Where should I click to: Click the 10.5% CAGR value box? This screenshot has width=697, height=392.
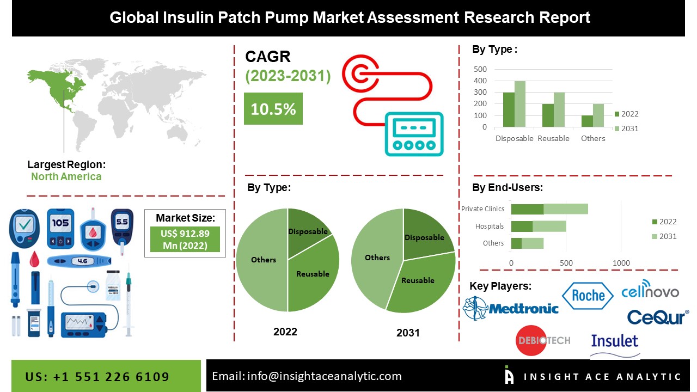click(273, 108)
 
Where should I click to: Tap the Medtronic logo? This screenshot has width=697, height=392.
click(511, 308)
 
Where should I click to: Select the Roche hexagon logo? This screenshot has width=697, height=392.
click(588, 296)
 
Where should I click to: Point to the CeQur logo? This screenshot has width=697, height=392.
click(658, 316)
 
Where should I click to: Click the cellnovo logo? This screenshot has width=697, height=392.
click(650, 291)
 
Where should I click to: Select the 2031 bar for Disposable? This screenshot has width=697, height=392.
click(519, 104)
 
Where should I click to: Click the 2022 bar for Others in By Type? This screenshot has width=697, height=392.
click(586, 121)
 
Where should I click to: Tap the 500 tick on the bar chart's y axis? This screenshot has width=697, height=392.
click(480, 69)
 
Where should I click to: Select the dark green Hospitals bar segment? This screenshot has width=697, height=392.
click(522, 226)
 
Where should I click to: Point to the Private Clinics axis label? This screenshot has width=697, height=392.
click(482, 209)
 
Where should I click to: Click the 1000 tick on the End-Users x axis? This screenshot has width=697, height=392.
click(621, 263)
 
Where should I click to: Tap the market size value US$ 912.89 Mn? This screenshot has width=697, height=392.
click(185, 239)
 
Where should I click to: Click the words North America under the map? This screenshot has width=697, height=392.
click(66, 176)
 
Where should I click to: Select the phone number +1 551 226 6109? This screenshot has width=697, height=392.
click(97, 377)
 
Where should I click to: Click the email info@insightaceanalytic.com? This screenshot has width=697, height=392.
click(307, 376)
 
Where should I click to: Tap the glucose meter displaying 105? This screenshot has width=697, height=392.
click(60, 228)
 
